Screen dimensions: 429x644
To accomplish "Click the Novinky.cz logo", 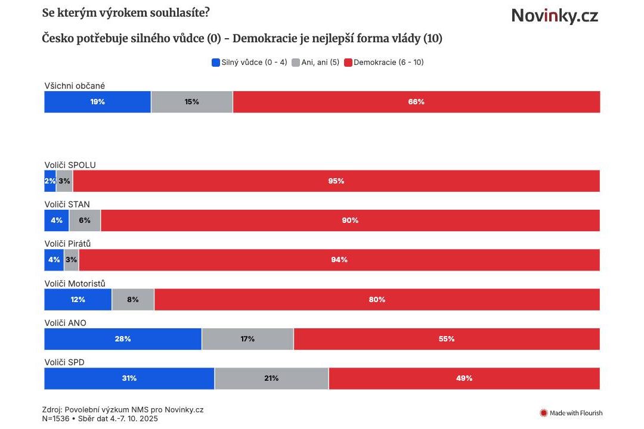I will pos(554,16).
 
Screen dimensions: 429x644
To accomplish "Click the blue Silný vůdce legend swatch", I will pos(216,62).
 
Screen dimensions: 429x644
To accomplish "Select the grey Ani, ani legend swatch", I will pos(296,62).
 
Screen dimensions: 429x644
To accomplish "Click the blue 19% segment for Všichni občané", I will pos(97,102).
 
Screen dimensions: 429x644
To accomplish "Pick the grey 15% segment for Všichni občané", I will pos(191,102).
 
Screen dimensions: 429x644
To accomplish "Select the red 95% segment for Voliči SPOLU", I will pos(336,181).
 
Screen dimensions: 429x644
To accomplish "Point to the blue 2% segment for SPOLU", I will pos(49,181).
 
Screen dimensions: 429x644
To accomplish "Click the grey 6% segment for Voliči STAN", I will pos(85,220).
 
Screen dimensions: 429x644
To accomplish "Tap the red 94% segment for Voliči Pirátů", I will pos(339,260).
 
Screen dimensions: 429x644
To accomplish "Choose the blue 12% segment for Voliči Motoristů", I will pos(78,300).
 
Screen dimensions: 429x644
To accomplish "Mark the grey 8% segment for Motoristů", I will pos(132,300).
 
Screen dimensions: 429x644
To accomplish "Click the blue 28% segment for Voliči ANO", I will pos(123,339).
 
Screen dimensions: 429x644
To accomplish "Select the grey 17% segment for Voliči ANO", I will pos(247,339).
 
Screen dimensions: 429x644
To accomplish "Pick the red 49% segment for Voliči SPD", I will pos(464,378).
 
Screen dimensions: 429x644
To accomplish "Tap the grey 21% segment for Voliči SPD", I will pos(271,378).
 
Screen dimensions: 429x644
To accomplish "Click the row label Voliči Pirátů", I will pos(67,244).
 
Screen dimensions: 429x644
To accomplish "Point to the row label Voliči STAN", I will pos(67,204).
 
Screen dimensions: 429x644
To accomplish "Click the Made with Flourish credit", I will pos(571,413).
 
